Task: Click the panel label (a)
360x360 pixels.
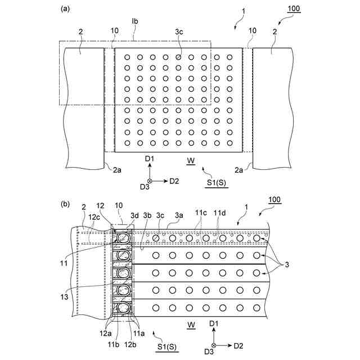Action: [x=65, y=9]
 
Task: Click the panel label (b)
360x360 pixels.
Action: [x=65, y=205]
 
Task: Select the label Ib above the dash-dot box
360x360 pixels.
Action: [x=135, y=22]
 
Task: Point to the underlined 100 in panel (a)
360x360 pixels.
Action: [x=294, y=9]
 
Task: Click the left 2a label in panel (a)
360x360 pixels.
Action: [x=116, y=169]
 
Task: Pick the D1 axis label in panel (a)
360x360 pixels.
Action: [x=150, y=160]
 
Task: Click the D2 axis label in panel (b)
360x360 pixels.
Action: [x=238, y=345]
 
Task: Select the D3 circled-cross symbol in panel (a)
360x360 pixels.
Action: [x=150, y=181]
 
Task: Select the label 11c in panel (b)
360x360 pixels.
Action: [x=201, y=212]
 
